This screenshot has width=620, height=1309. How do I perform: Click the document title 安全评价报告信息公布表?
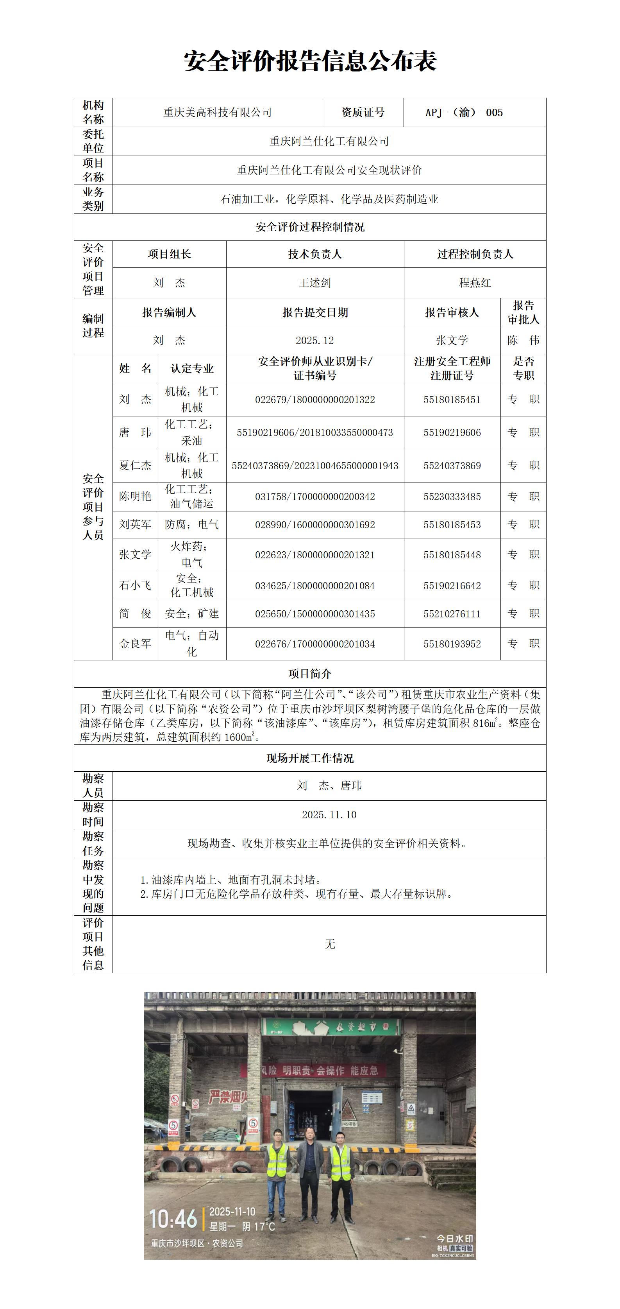click(310, 61)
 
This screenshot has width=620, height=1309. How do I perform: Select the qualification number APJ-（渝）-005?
click(464, 112)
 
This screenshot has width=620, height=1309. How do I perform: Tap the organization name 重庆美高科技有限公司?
click(217, 112)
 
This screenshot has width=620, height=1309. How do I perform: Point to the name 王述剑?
click(315, 283)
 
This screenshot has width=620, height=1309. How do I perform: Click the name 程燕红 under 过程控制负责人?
click(475, 283)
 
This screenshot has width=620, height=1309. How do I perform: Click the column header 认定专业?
click(192, 368)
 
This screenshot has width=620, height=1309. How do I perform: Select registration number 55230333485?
click(452, 497)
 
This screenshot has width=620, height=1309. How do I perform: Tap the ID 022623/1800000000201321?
click(315, 555)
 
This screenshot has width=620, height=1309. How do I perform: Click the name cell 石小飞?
click(135, 585)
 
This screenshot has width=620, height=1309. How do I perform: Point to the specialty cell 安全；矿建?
click(192, 614)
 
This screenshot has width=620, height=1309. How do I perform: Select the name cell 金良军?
click(135, 644)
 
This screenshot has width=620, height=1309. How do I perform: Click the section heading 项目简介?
click(310, 674)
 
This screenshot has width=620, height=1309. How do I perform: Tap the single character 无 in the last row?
click(330, 944)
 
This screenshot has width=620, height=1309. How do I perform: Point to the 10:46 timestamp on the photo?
click(173, 1219)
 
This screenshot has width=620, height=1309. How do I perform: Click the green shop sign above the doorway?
click(330, 1027)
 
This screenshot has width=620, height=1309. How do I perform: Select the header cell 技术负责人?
click(315, 254)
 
